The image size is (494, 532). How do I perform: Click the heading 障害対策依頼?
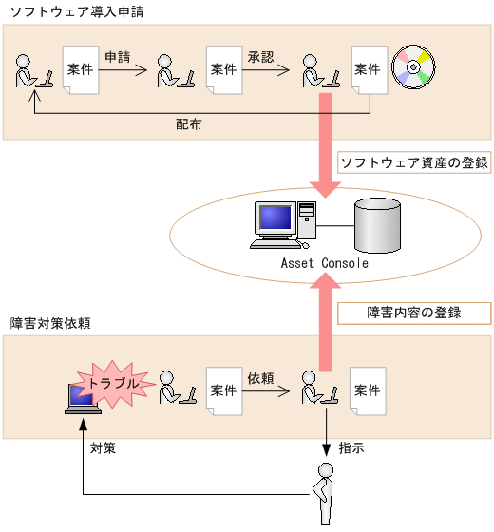point(48,323)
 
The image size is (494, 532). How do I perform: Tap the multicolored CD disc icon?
point(416,66)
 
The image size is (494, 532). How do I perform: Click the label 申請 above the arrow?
point(118,57)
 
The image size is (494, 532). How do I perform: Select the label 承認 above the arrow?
point(260,57)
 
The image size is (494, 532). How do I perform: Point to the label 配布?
point(188,124)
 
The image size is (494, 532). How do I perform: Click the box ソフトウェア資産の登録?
point(413,162)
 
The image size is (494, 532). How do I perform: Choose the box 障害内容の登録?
point(413,313)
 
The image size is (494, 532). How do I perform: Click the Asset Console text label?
point(324,263)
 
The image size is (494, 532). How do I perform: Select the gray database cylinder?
point(379,224)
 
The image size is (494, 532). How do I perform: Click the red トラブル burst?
point(115,381)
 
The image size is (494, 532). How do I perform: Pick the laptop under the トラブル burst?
point(81,399)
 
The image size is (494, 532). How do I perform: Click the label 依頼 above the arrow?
point(260,378)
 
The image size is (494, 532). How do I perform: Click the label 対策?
point(103,447)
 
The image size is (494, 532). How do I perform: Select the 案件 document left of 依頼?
point(224,391)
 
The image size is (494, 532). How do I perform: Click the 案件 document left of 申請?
point(80,70)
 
